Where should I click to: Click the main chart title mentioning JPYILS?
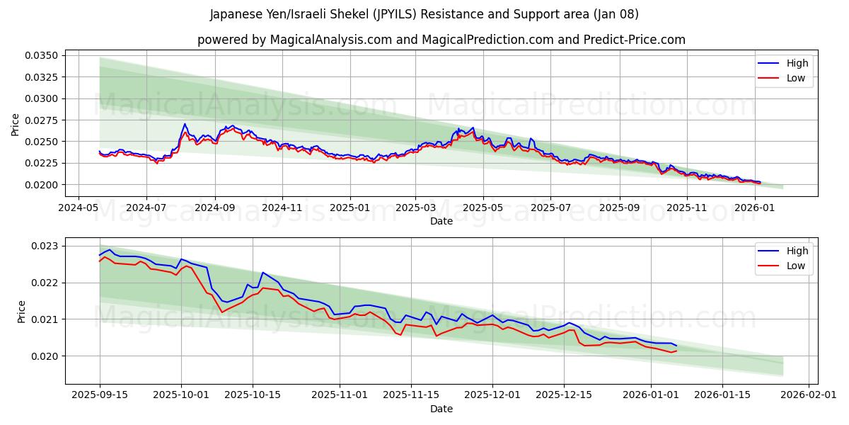[x=424, y=14]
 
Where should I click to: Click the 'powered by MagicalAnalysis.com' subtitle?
[x=441, y=40]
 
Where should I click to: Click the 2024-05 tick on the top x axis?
[x=78, y=208]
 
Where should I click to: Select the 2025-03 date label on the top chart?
[x=415, y=208]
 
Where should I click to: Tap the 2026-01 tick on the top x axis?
[x=756, y=208]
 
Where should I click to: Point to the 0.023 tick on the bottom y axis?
[x=45, y=246]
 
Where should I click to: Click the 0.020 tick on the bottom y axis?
[x=45, y=356]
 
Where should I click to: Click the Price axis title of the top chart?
[x=16, y=124]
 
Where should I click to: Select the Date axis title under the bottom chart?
[x=441, y=409]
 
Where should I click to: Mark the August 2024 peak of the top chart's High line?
[x=185, y=124]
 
